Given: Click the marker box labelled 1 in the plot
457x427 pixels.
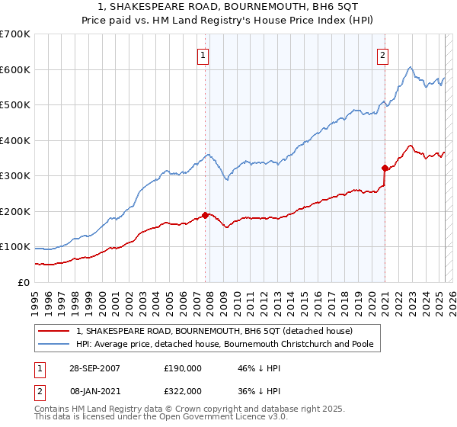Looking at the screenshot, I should (x=204, y=54).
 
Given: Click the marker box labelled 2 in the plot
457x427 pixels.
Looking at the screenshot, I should (x=382, y=54).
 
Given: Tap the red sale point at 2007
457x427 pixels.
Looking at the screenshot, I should (x=205, y=215).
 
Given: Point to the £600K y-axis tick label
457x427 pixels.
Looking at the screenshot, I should (x=14, y=69).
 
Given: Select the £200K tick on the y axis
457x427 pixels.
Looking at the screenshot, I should (x=14, y=211).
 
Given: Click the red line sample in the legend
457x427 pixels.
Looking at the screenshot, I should (x=53, y=332).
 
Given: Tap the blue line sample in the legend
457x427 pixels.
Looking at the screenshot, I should (x=53, y=345).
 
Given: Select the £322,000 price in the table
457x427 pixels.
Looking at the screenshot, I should (x=182, y=390).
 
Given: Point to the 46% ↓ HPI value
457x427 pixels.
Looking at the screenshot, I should (x=252, y=368).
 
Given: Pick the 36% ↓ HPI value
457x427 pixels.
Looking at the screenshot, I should (x=252, y=390).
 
